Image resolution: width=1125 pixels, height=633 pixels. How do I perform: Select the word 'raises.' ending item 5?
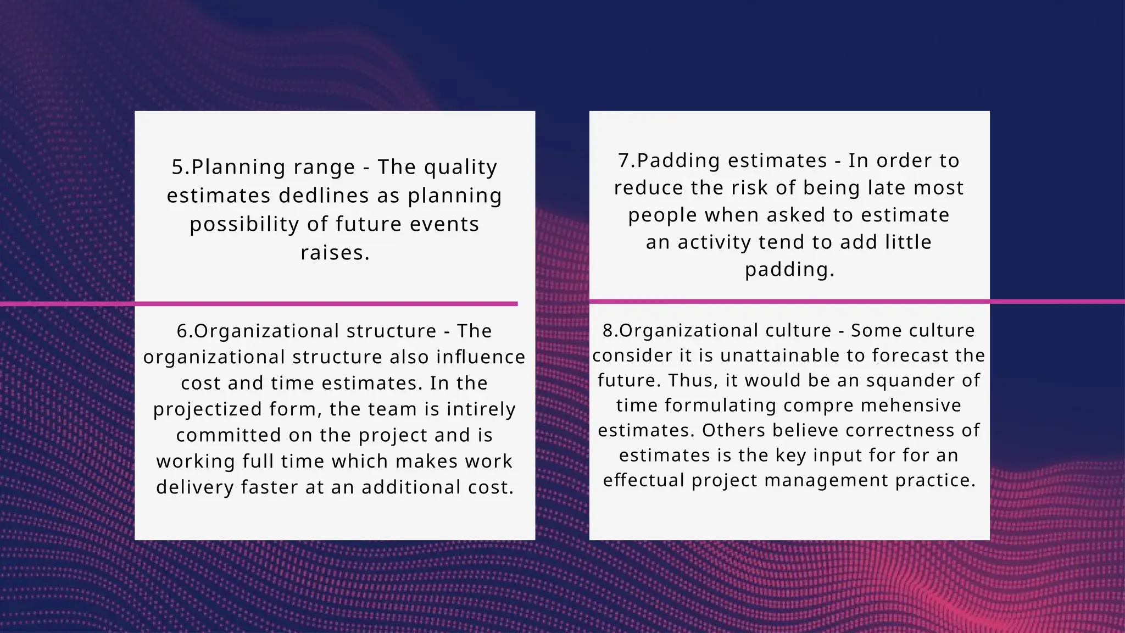coord(335,253)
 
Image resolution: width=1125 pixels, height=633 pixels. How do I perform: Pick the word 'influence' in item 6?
coord(481,357)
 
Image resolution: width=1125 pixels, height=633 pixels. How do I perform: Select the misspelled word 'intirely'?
coord(481,409)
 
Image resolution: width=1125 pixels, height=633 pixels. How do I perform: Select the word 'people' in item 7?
coord(662,215)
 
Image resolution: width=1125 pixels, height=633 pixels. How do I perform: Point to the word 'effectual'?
coord(644,480)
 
